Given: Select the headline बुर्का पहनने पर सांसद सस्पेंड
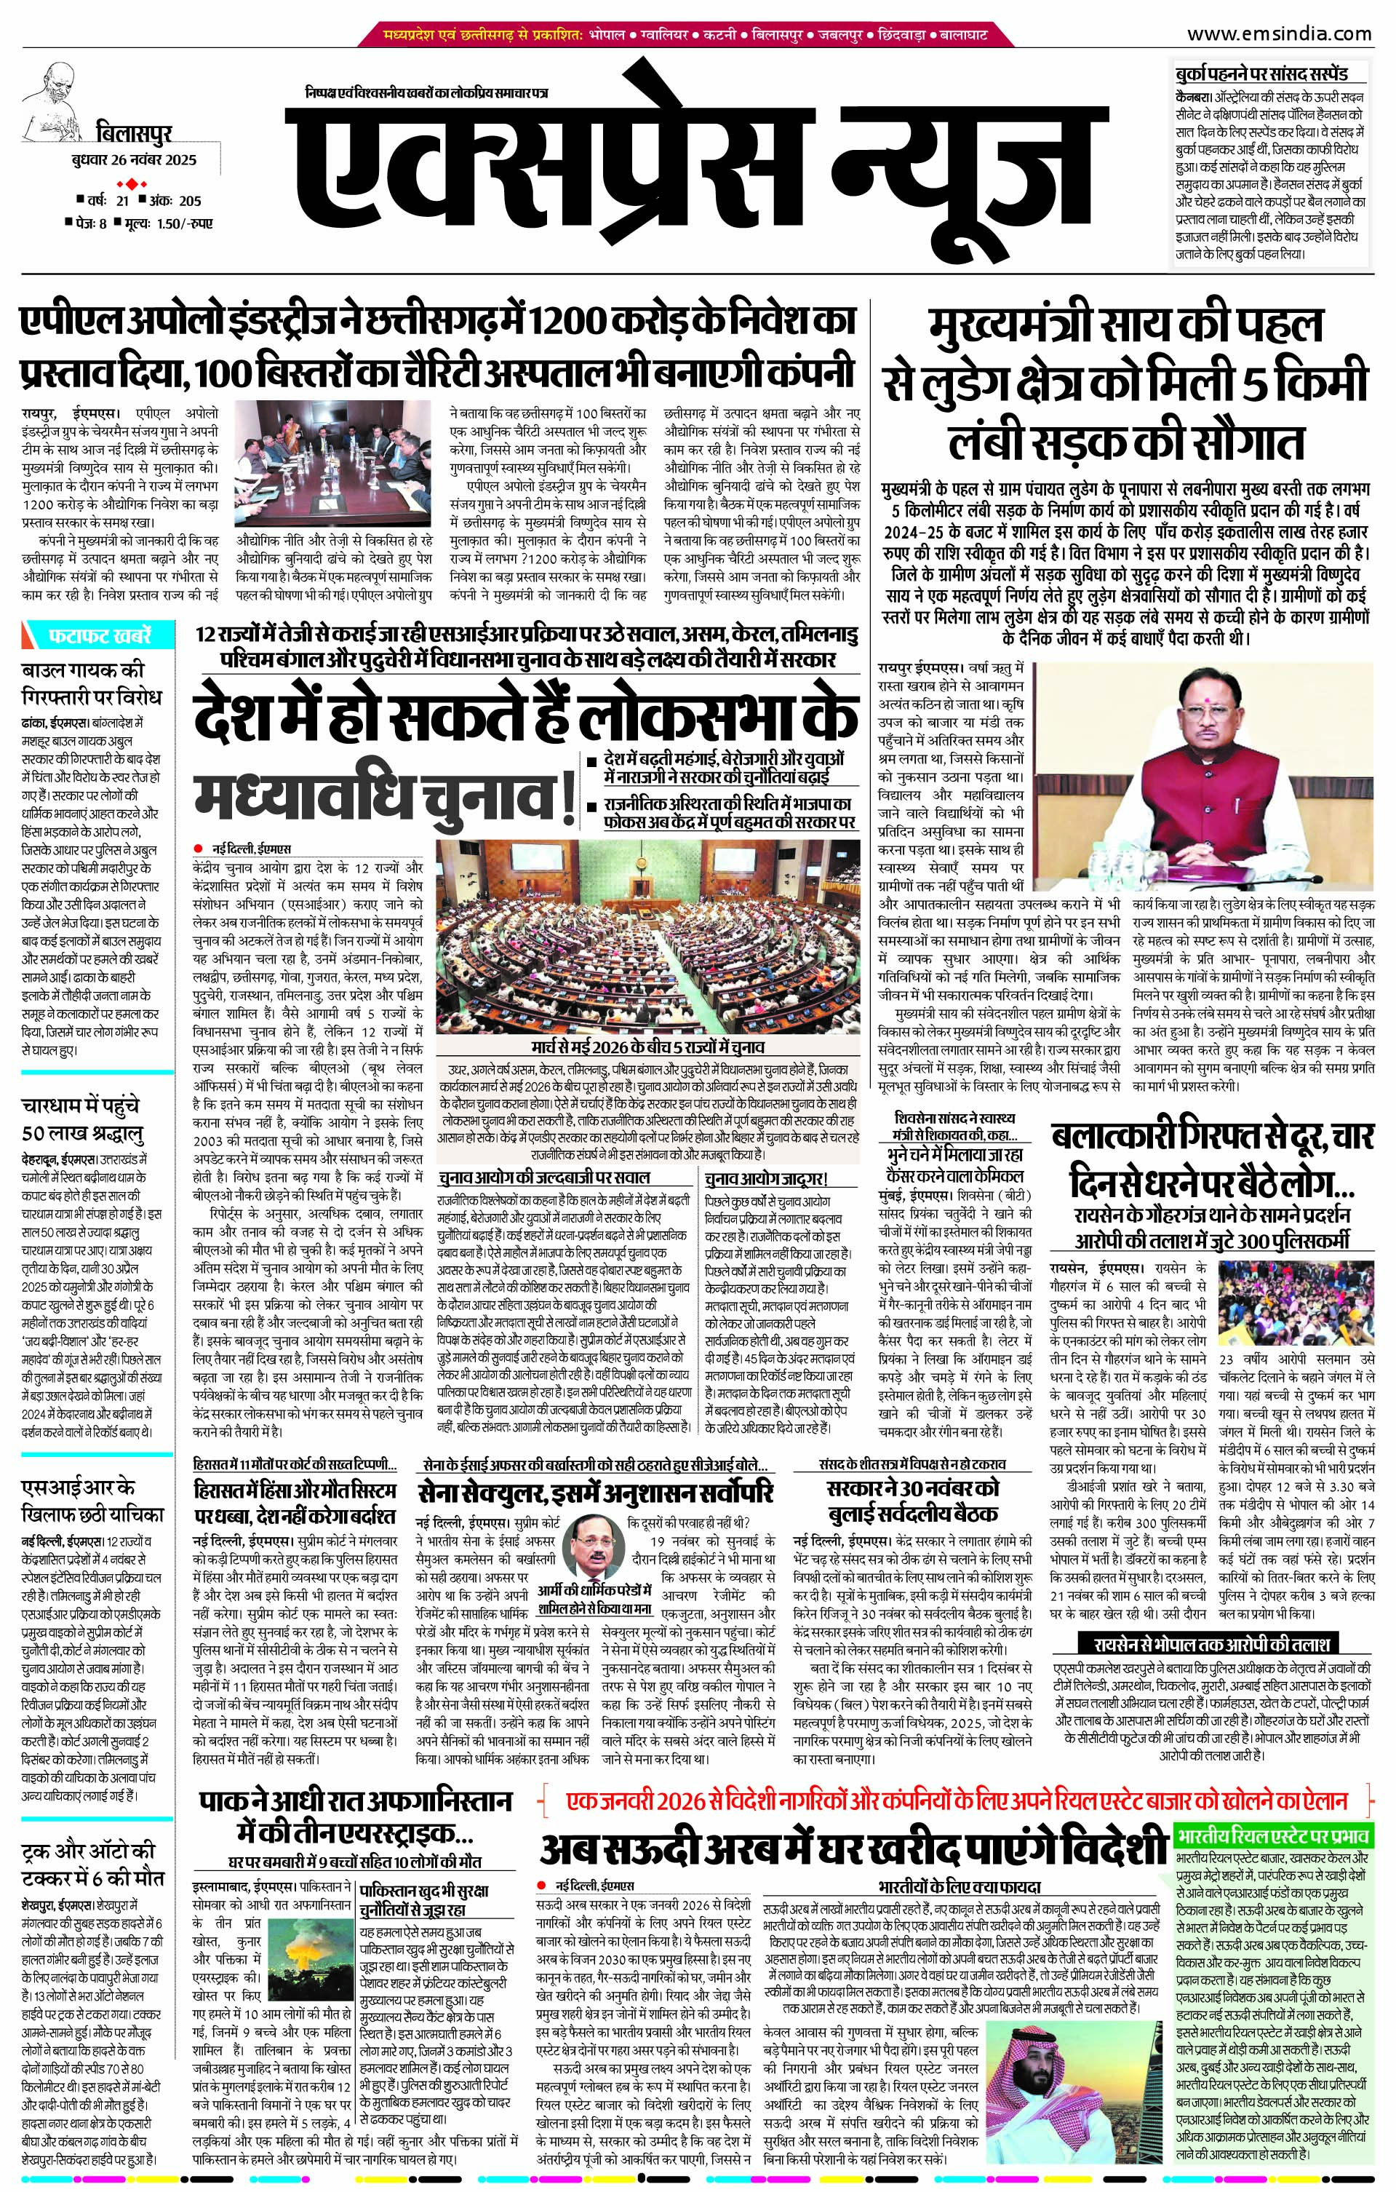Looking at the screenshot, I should coord(1259,74).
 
